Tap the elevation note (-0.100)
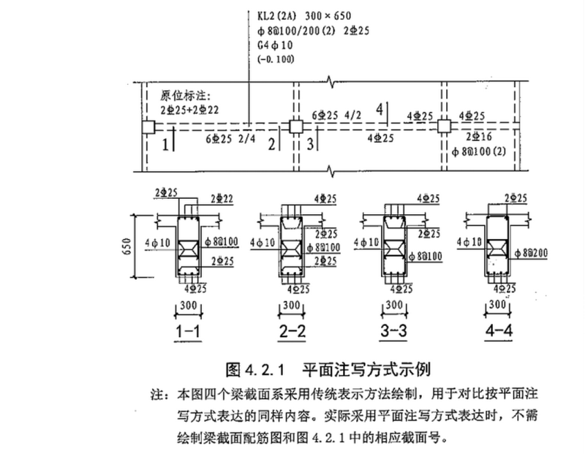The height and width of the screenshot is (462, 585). (275, 58)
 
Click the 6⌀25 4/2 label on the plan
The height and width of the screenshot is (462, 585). (336, 115)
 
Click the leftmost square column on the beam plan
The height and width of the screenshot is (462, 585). (148, 127)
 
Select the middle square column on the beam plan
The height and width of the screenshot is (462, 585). (295, 126)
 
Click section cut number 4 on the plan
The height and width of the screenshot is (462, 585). (378, 109)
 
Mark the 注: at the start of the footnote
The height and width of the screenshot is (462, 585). (159, 393)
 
